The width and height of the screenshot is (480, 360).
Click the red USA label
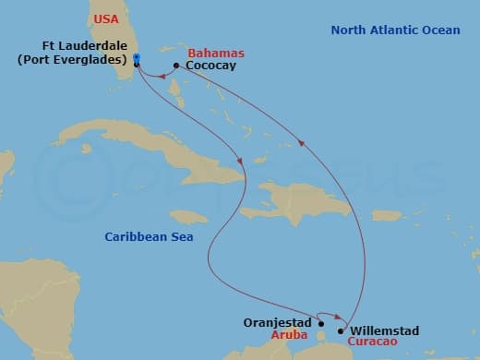107,18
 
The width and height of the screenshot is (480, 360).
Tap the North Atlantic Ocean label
395,30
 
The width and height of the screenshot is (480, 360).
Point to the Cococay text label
210,66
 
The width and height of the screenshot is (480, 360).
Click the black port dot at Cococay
176,66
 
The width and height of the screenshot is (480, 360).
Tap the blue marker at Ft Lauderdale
137,60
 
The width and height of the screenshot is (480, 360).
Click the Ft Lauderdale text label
85,45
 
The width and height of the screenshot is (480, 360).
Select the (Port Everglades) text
73,60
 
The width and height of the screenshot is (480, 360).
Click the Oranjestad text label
278,323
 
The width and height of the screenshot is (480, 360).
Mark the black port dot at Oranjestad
321,324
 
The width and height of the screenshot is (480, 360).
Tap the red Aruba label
289,337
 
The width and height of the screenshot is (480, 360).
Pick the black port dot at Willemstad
342,330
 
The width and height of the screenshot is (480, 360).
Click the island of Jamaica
188,217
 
